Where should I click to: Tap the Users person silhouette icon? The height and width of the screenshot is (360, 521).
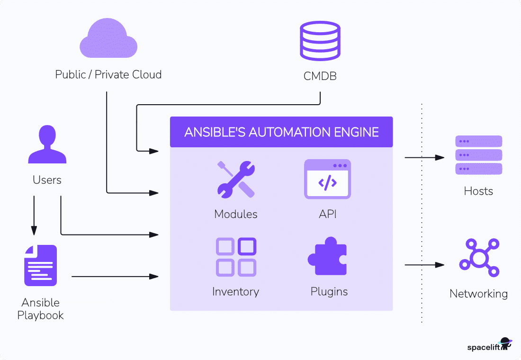[47, 144]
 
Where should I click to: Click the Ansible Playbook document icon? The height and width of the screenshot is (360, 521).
[41, 265]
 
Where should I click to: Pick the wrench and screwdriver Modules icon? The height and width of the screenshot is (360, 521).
[236, 179]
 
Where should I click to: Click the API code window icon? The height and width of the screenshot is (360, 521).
[327, 179]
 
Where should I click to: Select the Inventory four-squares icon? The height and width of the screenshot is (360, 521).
[236, 257]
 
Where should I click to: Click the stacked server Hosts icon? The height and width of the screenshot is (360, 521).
[478, 155]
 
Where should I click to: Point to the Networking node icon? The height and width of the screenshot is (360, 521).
[479, 259]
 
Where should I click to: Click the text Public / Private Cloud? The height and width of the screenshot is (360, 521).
[108, 74]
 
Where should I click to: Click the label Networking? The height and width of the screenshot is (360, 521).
[478, 294]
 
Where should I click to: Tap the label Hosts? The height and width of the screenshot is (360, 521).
[478, 191]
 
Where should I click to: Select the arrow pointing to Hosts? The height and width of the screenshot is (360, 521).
[424, 157]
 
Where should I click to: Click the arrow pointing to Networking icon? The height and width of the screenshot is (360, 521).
[424, 265]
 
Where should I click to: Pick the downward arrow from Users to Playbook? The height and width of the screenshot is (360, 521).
[34, 216]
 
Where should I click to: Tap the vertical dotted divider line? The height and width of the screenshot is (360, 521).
[422, 213]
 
